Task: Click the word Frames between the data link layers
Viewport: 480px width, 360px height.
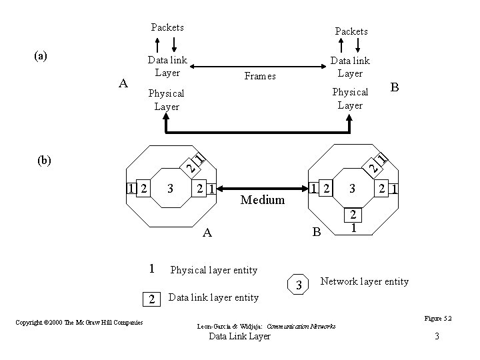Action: (x=259, y=76)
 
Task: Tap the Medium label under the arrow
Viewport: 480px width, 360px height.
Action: (x=263, y=200)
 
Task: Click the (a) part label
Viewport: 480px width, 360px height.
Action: (x=41, y=56)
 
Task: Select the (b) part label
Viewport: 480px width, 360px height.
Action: (x=45, y=160)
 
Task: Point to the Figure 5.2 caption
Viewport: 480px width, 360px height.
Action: (x=438, y=319)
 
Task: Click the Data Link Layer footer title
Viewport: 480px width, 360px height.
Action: (x=240, y=337)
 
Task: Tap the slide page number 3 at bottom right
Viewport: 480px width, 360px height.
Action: (x=437, y=337)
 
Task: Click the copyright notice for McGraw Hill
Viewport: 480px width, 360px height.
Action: (x=79, y=323)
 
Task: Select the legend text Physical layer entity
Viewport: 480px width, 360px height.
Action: (x=214, y=270)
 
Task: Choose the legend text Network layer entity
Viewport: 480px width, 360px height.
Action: (x=365, y=281)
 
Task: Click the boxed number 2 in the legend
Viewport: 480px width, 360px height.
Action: (x=152, y=299)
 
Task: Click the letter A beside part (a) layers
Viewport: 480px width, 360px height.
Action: (x=122, y=83)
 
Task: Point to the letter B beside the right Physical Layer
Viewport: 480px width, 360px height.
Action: (x=395, y=87)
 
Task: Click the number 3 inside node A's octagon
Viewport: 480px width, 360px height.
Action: (x=171, y=189)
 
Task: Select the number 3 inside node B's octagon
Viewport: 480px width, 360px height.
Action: (x=353, y=189)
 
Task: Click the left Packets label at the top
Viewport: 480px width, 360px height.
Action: (x=167, y=27)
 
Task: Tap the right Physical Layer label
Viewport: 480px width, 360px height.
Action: (x=350, y=98)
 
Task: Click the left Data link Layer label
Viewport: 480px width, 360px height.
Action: (x=167, y=66)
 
